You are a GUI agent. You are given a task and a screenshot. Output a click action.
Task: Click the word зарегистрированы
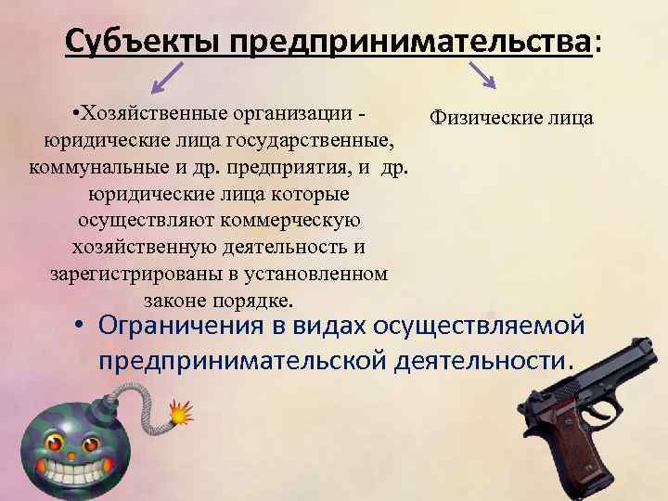click(121, 275)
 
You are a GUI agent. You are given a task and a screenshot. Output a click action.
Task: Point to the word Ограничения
click(189, 327)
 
